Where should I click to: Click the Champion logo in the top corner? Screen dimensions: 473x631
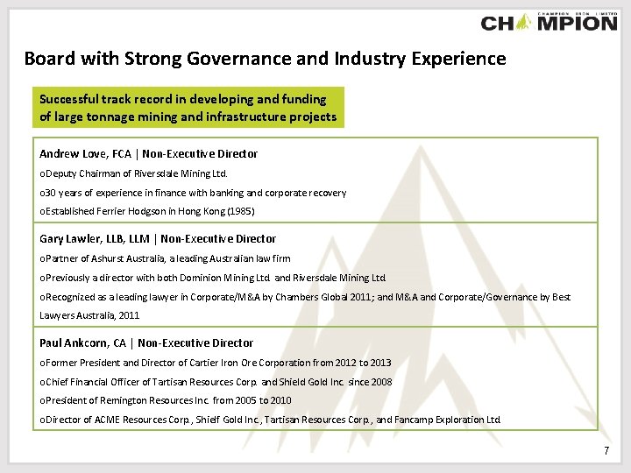[549, 21]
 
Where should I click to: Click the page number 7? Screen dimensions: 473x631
[606, 450]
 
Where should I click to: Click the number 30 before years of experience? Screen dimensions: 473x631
[50, 193]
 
